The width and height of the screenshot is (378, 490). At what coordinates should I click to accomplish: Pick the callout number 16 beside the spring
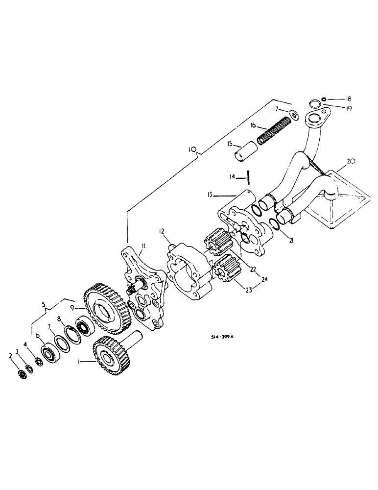click(x=253, y=125)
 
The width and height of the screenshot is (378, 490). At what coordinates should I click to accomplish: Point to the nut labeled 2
click(x=21, y=374)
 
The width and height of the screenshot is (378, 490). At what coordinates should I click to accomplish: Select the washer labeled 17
click(x=295, y=115)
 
